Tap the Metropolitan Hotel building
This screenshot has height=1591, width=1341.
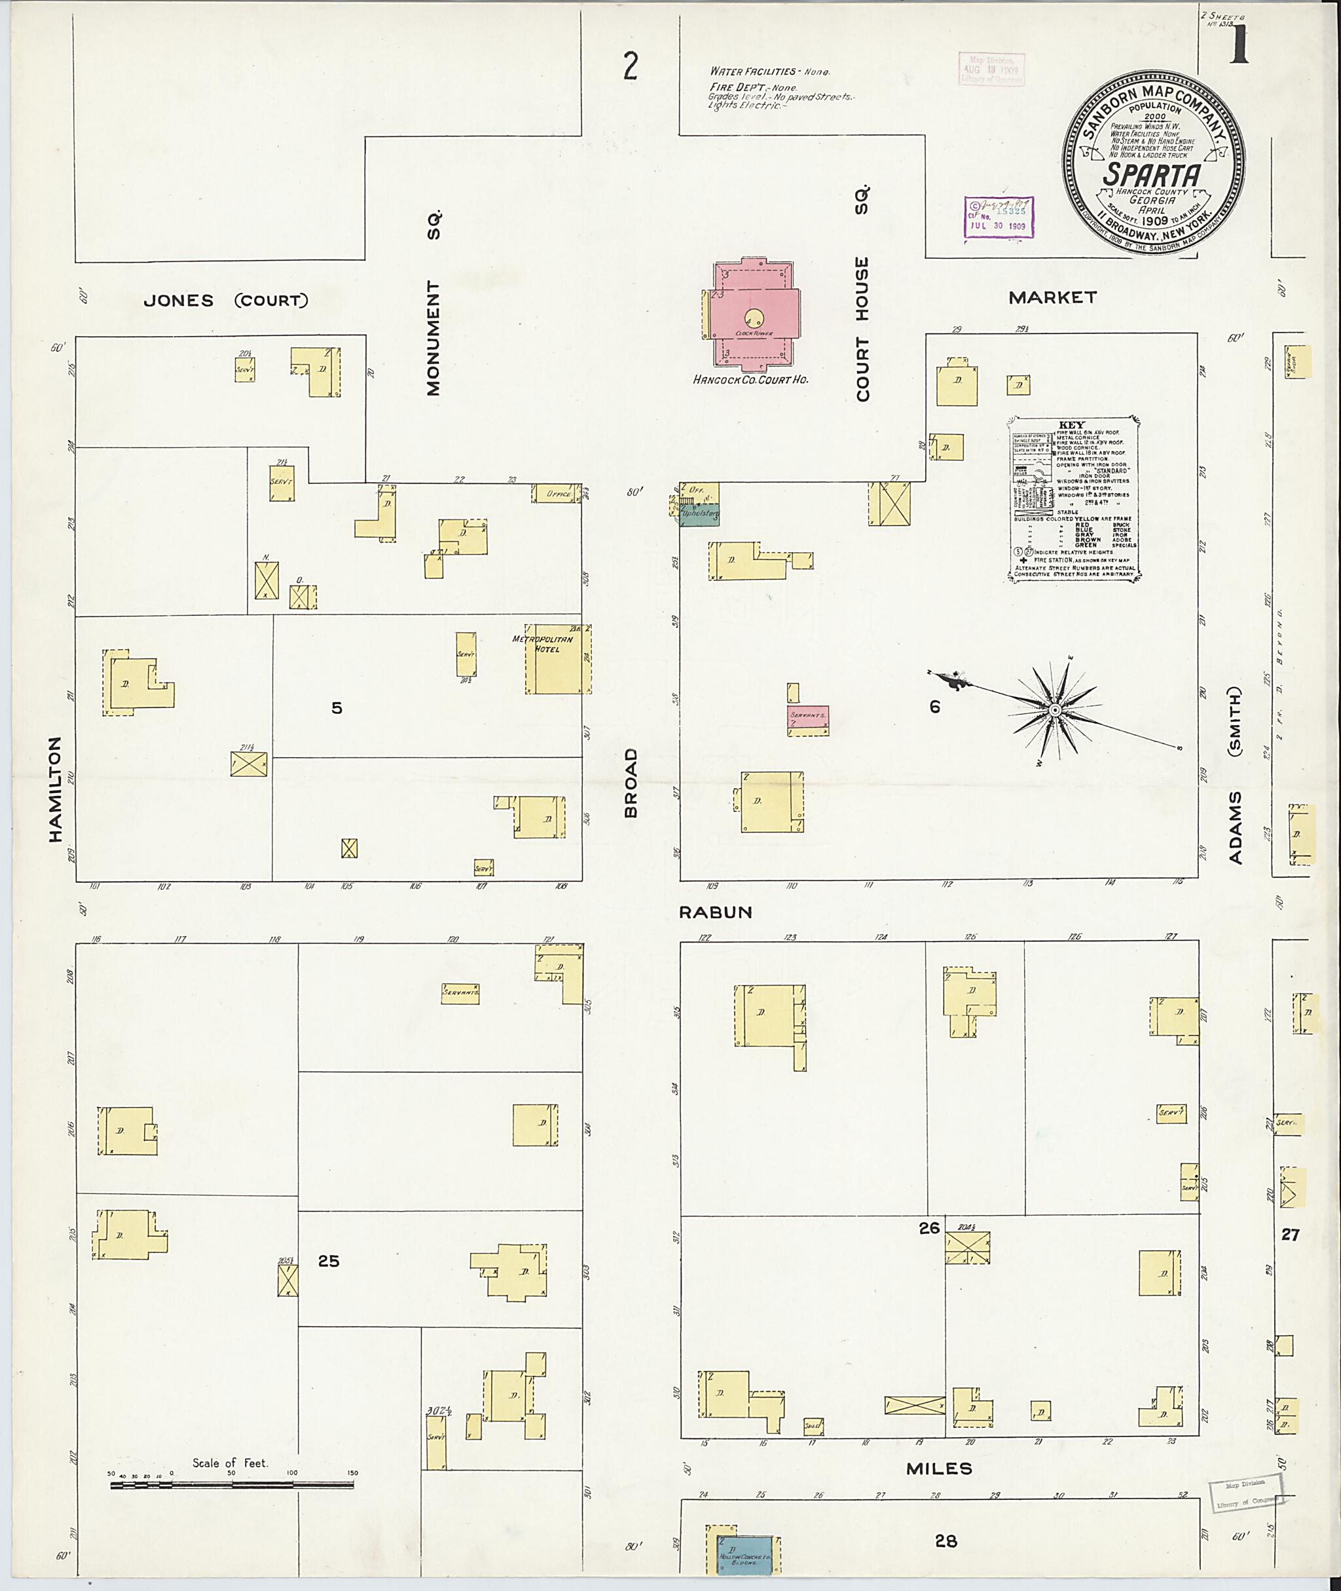pos(557,660)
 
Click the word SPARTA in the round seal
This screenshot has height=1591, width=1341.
pos(1152,176)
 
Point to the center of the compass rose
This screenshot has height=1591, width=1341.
pos(1054,709)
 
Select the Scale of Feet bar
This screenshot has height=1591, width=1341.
pos(232,1484)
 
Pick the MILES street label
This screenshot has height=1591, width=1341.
pos(939,1469)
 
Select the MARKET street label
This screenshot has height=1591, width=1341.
pos(1052,298)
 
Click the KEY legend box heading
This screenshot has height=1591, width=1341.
pos(1071,424)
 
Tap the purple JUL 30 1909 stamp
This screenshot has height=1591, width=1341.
pos(999,217)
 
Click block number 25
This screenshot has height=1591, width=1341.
pos(329,1261)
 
